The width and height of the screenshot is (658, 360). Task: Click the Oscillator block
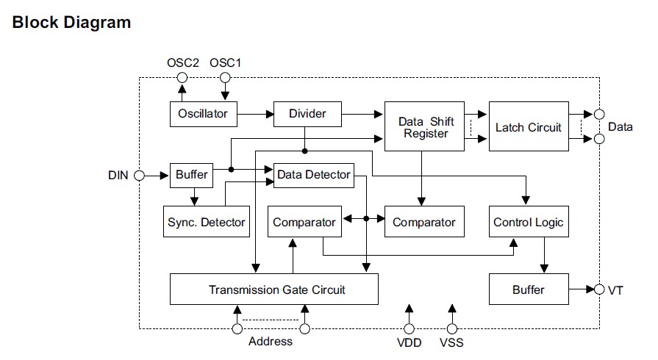(203, 114)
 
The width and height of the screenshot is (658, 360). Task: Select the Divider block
(307, 114)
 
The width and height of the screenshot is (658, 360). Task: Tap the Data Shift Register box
(426, 127)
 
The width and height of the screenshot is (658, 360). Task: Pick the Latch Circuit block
(528, 127)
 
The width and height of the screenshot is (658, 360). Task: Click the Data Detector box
(314, 175)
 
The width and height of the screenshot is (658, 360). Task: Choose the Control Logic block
(528, 222)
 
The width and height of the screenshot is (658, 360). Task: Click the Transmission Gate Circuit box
(274, 289)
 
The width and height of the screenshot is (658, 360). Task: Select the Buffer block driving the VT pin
(528, 289)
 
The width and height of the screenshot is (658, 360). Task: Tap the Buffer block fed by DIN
(192, 175)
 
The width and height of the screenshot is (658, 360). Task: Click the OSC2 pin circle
(182, 78)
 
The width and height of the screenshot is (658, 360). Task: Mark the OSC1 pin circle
(225, 78)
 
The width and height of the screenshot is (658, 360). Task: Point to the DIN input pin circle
(139, 176)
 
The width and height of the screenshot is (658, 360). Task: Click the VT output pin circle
(599, 289)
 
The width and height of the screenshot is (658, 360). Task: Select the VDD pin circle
(410, 328)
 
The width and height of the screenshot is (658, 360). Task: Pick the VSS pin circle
(452, 328)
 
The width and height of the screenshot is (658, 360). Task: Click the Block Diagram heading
(71, 22)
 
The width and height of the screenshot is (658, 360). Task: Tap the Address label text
(270, 342)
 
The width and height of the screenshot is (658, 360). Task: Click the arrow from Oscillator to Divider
(255, 114)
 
